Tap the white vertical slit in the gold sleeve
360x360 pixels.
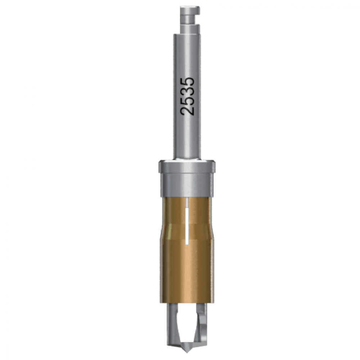click(188, 223)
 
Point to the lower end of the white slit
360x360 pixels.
click(188, 242)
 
